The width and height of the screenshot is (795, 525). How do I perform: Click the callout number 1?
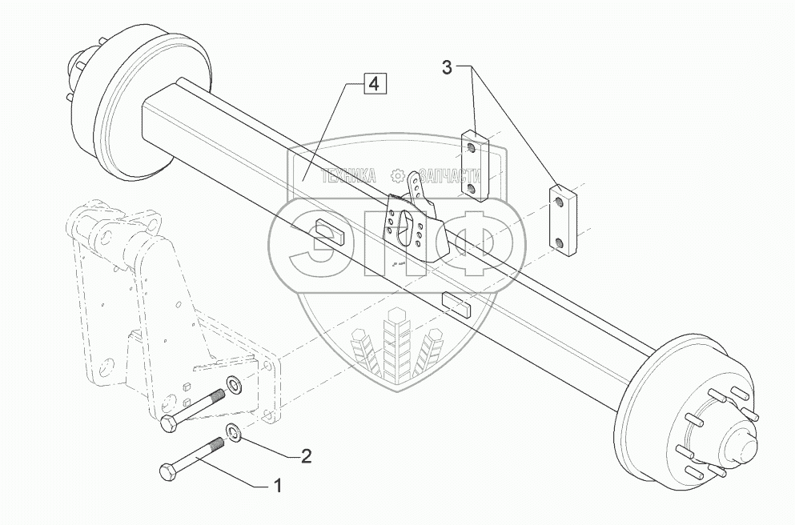[278, 485]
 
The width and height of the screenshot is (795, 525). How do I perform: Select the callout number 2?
[304, 457]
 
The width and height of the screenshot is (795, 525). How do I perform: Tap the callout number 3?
[447, 68]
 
